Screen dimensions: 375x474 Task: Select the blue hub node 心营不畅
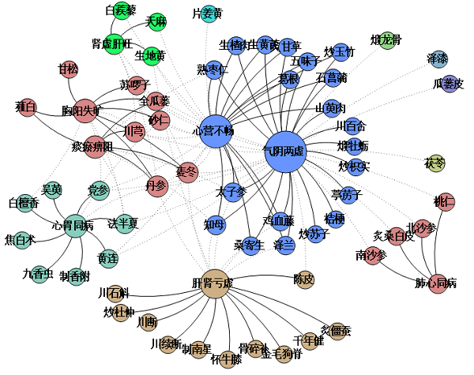coord(213,131)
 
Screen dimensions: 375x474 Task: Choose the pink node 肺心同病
coord(431,282)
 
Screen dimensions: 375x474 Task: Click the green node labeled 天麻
coord(155,22)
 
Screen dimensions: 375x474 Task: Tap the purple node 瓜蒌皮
coord(450,83)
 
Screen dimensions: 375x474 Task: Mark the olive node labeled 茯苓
coord(436,163)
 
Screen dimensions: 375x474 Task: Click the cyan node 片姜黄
coord(209,13)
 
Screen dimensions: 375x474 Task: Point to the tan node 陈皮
coord(304,279)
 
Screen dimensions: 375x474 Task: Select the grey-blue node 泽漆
coord(437,59)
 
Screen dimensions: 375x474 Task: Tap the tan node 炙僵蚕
coord(337,331)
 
